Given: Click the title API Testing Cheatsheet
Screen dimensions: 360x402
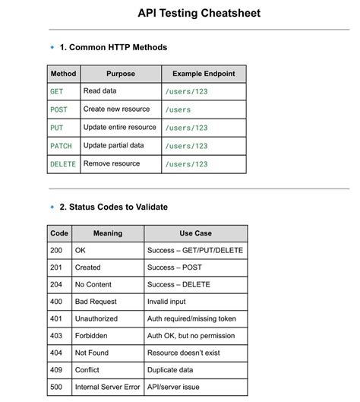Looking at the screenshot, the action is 199,13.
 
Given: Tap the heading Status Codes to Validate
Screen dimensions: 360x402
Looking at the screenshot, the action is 113,207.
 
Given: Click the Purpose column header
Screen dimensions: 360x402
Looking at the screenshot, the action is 121,74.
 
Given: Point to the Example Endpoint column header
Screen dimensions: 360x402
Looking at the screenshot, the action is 204,74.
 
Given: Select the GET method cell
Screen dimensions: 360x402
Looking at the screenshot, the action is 57,91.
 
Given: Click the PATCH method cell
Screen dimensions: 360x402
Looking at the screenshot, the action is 61,146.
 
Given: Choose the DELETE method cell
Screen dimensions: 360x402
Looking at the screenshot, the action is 62,164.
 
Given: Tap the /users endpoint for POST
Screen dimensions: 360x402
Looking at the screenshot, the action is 178,109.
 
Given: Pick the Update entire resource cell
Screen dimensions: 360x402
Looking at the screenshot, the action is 120,128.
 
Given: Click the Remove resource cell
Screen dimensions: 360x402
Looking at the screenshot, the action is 112,164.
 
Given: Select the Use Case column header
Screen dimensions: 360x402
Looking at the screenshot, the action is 195,233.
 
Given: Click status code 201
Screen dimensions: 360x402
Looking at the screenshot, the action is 57,267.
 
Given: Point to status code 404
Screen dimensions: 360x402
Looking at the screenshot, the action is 57,353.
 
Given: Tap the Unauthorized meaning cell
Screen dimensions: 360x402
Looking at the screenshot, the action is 96,318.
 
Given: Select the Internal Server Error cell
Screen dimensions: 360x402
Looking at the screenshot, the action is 107,387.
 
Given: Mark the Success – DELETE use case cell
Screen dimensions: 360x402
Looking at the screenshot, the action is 178,284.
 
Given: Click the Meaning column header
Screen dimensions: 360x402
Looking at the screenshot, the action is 107,233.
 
